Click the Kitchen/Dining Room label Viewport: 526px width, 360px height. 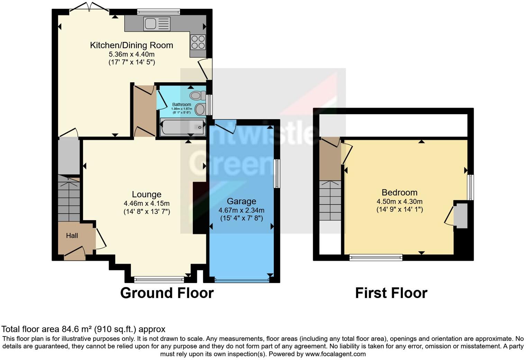click(131, 45)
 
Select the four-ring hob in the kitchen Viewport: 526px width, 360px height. click(198, 42)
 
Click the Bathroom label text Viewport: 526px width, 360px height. click(181, 105)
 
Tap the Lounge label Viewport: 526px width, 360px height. click(146, 195)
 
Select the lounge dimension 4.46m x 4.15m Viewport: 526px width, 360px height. click(146, 204)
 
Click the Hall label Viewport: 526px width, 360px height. click(72, 236)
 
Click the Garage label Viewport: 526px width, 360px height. click(241, 201)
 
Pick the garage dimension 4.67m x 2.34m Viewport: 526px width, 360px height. click(241, 210)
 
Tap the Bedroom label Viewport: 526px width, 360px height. click(399, 192)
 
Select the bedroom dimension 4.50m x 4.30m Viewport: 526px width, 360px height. click(399, 201)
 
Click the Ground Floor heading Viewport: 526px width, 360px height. click(167, 293)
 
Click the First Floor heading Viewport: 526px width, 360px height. click(391, 293)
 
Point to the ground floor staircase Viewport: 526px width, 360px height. click(69, 199)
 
